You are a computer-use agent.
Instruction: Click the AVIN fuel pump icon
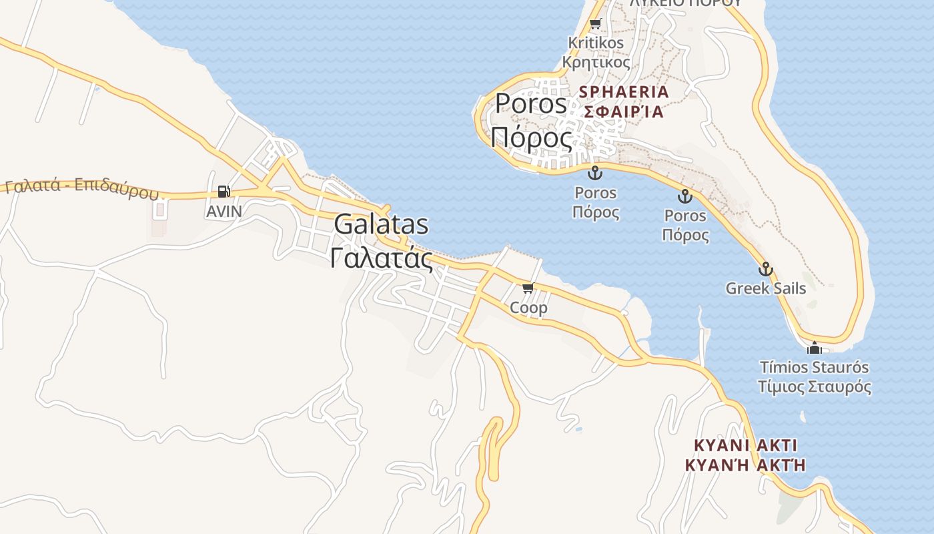(x=223, y=192)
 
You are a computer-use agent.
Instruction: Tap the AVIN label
(x=224, y=212)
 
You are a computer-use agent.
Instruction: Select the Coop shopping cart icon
(x=528, y=288)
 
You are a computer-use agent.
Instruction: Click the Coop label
(x=528, y=308)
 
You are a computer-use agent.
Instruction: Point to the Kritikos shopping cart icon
(x=595, y=24)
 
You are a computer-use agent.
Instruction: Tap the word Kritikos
(x=596, y=43)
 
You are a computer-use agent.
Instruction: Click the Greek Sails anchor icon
(x=765, y=270)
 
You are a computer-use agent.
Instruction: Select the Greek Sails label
(x=765, y=289)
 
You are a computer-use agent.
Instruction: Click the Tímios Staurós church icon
(x=814, y=348)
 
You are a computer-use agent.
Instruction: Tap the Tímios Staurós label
(x=814, y=367)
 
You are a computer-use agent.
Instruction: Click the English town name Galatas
(x=381, y=224)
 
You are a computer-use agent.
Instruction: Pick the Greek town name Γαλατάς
(x=381, y=258)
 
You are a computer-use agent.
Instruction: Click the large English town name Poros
(x=530, y=104)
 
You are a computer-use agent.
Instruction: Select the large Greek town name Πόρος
(x=531, y=138)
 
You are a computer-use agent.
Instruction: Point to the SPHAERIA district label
(x=624, y=92)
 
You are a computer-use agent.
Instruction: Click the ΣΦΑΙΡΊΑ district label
(x=624, y=111)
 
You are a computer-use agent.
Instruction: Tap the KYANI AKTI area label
(x=745, y=445)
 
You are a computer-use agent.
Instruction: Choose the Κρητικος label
(x=596, y=63)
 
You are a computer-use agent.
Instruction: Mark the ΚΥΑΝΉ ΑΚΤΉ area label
(x=745, y=465)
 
